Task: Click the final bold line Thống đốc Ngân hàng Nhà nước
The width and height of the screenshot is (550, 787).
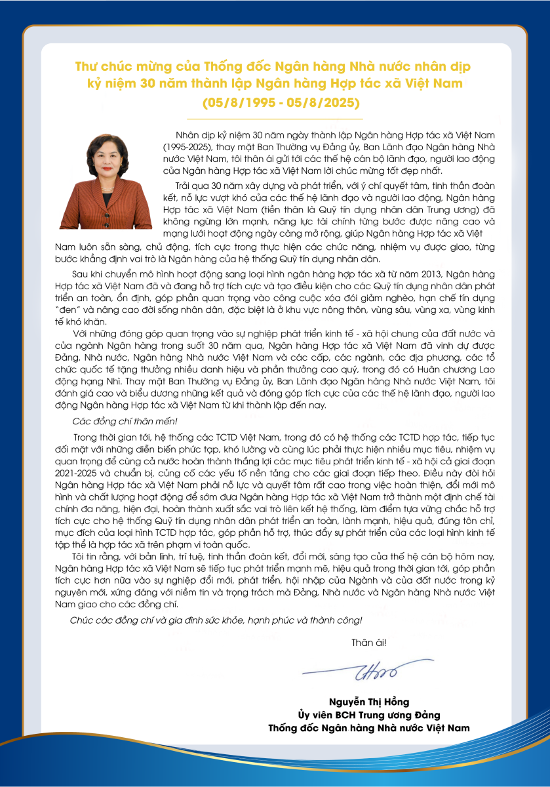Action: (368, 728)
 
